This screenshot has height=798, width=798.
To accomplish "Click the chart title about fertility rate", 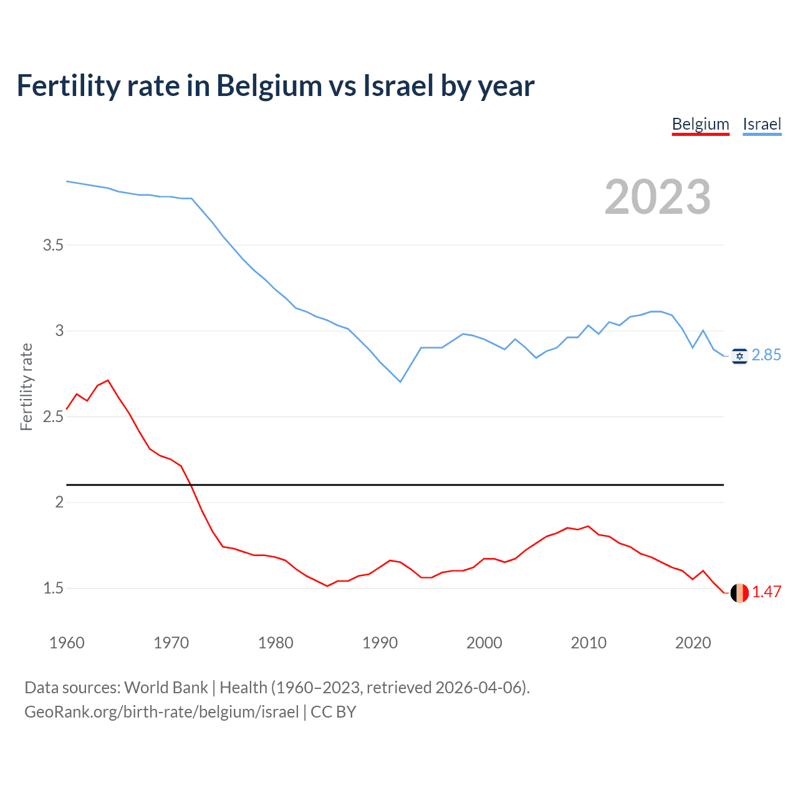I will click(x=275, y=86).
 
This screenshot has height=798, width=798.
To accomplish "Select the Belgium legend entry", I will click(x=700, y=124).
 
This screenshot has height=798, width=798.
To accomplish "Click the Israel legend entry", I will click(x=762, y=124).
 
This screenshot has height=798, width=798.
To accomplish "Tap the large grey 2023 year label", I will click(x=657, y=197).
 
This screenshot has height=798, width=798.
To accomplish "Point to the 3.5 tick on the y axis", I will click(x=53, y=245).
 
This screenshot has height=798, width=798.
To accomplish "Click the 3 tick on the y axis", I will click(x=60, y=330).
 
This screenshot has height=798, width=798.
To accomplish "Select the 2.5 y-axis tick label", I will click(x=53, y=416).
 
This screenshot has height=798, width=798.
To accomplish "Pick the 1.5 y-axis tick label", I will click(x=53, y=588).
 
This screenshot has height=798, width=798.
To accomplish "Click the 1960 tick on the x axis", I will click(x=67, y=643).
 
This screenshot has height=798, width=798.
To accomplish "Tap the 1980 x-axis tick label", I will click(x=276, y=643).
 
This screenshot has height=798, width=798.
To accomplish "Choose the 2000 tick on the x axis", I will click(x=484, y=643).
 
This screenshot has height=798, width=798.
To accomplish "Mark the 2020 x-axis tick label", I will click(x=693, y=643).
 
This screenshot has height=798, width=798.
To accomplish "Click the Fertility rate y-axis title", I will click(x=26, y=387).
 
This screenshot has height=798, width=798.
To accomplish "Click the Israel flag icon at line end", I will click(x=739, y=355).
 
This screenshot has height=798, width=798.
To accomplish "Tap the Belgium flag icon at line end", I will click(x=739, y=592).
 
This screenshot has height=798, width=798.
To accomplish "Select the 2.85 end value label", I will click(x=766, y=355).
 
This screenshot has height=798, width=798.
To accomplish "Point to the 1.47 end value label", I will click(x=766, y=592).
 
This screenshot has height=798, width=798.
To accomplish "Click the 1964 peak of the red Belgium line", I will click(x=108, y=380).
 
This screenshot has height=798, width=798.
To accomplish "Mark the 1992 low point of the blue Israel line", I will click(x=400, y=382).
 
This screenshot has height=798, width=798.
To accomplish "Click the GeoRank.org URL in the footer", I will click(x=161, y=712).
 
